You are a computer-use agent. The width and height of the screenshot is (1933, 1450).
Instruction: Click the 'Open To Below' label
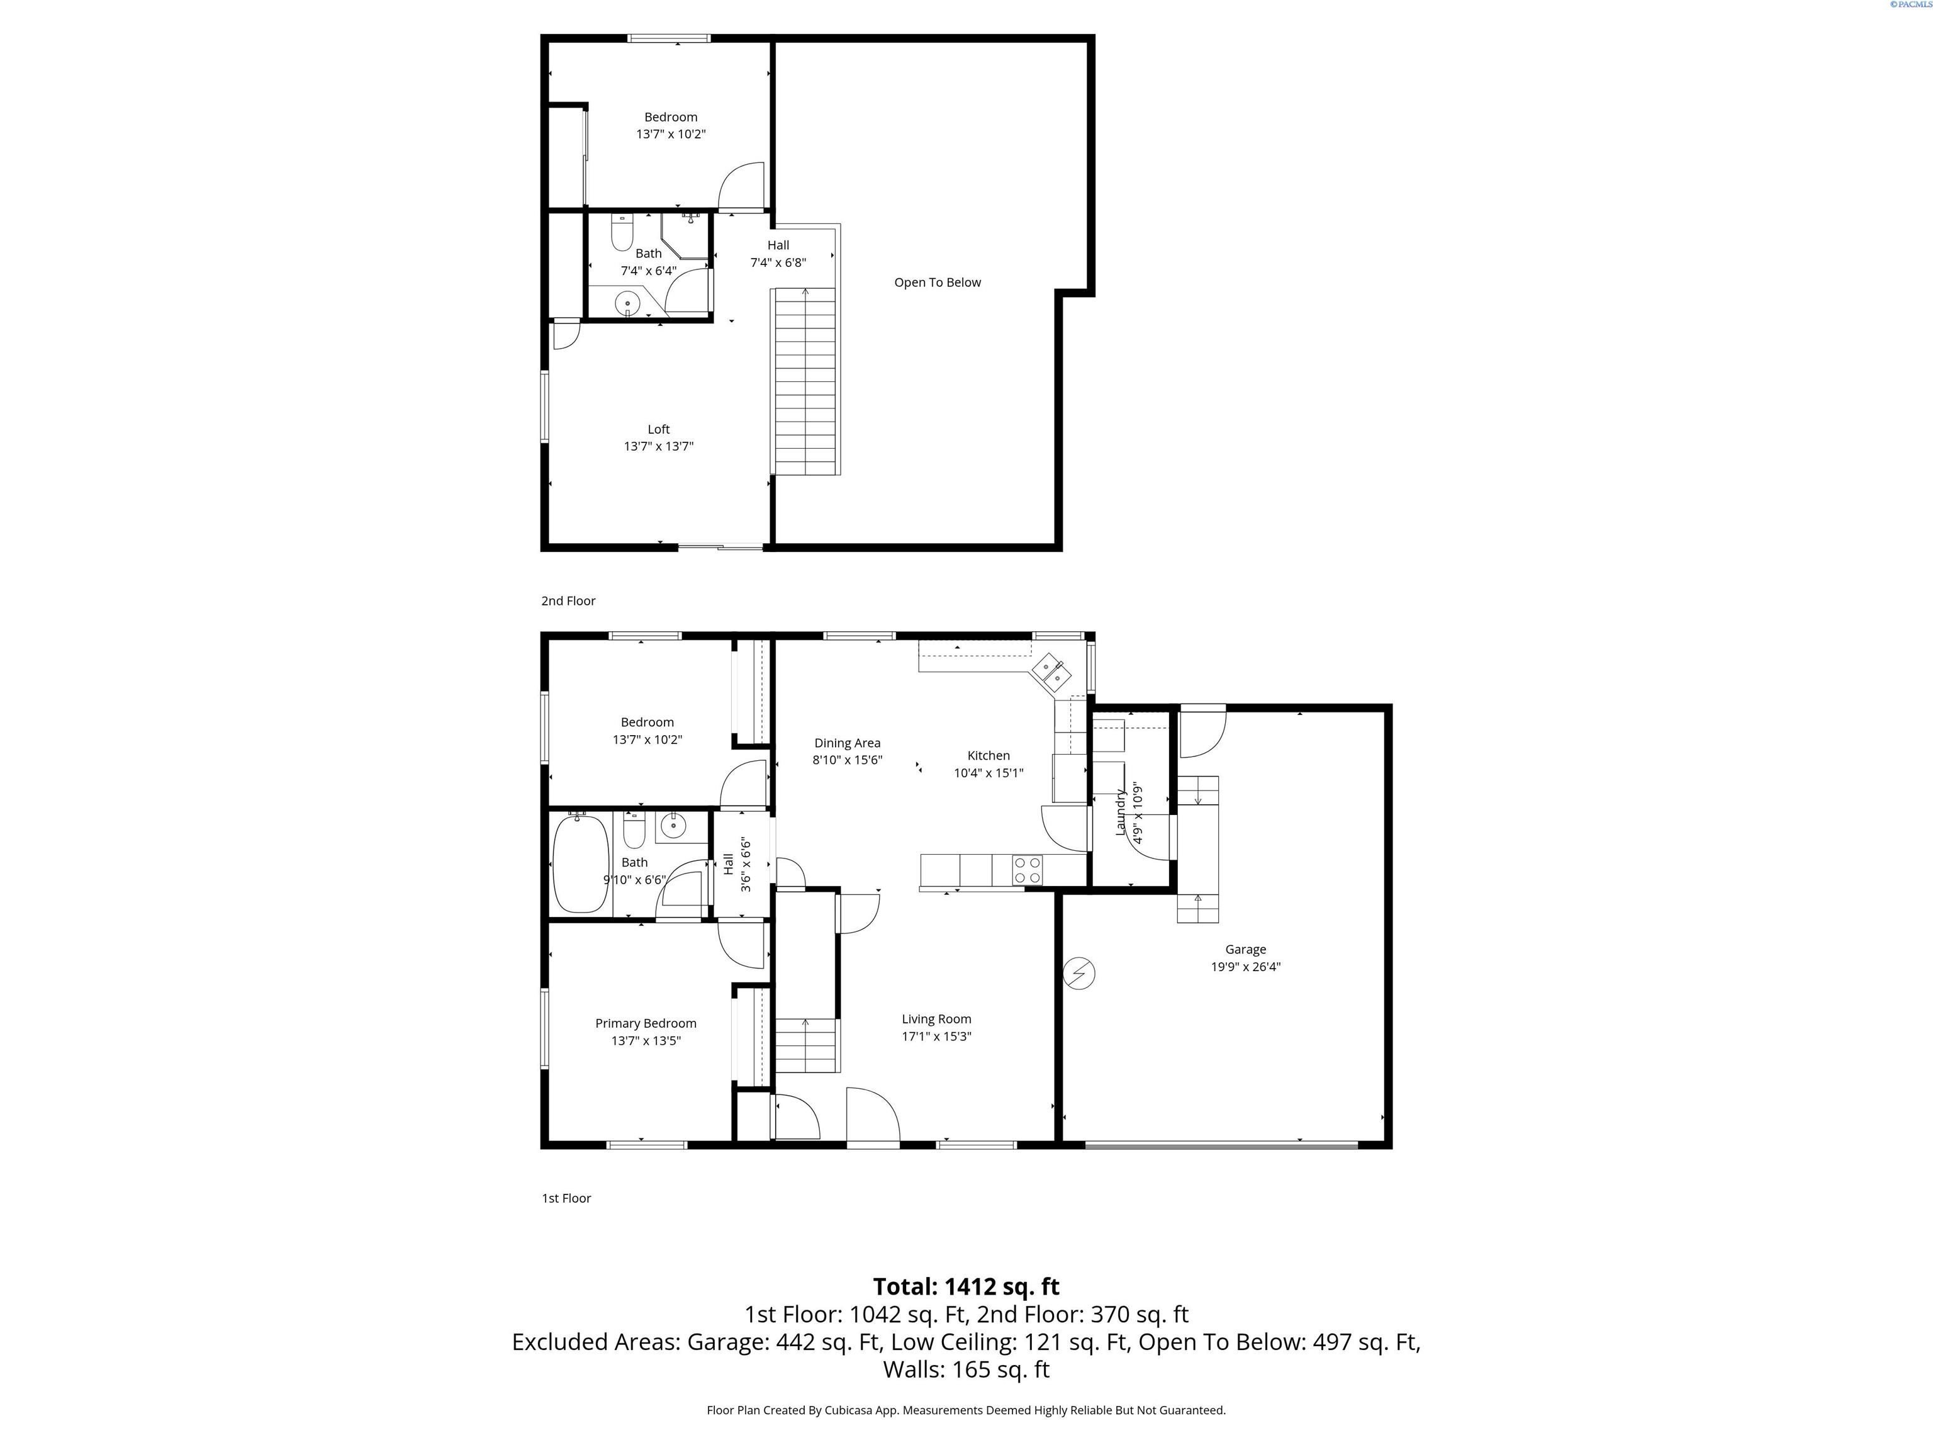(937, 283)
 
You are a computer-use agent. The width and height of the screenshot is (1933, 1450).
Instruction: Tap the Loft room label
(658, 429)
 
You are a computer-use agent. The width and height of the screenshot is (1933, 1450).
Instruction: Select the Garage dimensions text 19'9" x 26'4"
(1245, 967)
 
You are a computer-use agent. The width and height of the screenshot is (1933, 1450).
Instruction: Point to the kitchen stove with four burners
(1028, 870)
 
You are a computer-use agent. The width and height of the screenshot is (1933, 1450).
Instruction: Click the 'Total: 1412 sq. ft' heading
(966, 1286)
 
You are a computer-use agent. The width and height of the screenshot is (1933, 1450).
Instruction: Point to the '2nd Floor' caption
(568, 600)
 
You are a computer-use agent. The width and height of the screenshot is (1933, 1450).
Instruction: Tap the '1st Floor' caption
(566, 1198)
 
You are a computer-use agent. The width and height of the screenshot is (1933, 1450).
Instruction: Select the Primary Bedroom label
(646, 1023)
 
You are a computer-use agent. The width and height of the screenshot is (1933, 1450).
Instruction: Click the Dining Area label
(847, 743)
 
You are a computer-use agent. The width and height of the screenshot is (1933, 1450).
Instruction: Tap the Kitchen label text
(989, 755)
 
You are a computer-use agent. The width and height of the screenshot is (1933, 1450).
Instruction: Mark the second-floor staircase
(805, 381)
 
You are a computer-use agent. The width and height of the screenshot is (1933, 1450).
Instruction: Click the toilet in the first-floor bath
(634, 829)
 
